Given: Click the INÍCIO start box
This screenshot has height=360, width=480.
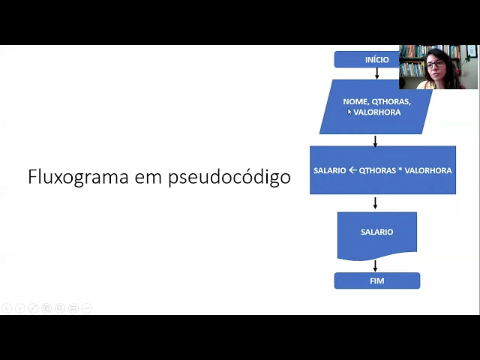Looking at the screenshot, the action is [367, 59].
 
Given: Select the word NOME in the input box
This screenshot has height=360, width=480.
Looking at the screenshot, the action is [355, 101].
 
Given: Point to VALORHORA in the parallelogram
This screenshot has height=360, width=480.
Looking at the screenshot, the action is [377, 112].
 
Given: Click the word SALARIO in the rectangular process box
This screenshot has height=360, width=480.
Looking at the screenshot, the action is [330, 170].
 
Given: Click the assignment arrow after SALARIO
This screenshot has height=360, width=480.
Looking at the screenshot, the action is [352, 170].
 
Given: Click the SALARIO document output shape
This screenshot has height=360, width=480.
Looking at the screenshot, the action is [376, 234].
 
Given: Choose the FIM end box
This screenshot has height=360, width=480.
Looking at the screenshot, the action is [376, 280].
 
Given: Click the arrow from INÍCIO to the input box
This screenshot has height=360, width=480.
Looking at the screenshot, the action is [376, 73].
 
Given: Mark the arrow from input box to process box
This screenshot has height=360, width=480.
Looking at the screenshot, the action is [375, 140].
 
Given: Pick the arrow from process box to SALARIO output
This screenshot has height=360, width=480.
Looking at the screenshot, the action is [375, 202].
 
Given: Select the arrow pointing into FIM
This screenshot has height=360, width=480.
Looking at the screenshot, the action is [375, 265].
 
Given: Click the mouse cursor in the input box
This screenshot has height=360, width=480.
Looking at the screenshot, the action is [349, 112].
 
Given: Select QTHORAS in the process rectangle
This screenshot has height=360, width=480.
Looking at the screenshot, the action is [376, 170].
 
